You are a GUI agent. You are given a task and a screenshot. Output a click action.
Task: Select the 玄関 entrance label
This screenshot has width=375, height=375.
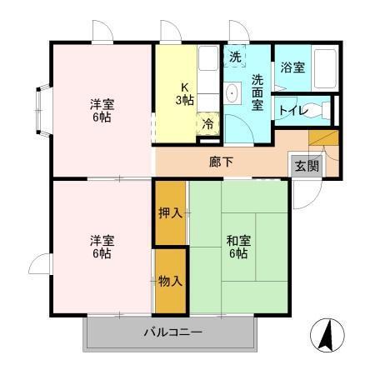click(305, 165)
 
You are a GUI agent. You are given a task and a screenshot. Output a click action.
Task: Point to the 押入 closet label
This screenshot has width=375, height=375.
click(170, 212)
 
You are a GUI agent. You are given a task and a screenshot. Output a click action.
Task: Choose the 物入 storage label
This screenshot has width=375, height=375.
click(170, 282)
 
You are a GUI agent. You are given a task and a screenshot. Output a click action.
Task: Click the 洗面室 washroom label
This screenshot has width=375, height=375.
click(257, 92)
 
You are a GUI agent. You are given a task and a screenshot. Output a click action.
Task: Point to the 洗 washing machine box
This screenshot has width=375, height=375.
click(235, 58)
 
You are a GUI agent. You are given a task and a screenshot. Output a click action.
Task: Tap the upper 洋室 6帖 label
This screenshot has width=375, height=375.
click(102, 110)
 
